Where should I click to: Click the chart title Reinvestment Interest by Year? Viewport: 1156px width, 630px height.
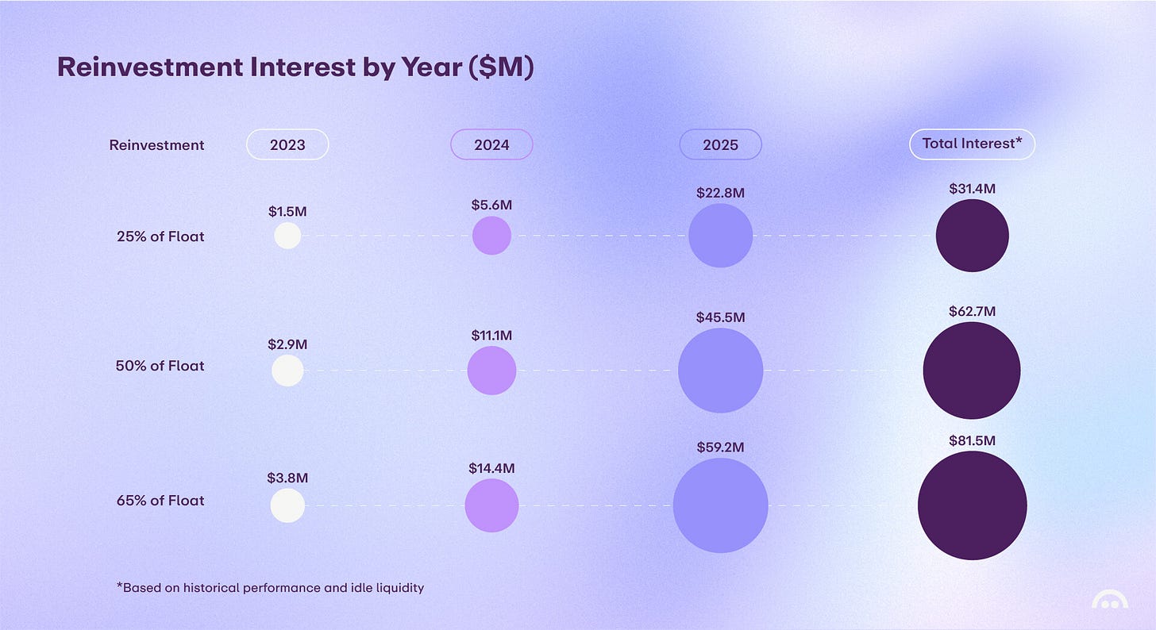[x=295, y=67]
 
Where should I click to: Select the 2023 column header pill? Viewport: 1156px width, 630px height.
[x=287, y=144]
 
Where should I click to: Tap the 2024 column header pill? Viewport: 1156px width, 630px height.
[x=491, y=144]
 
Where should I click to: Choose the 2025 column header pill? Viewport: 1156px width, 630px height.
[x=720, y=144]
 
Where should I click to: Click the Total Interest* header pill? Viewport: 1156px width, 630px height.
[x=972, y=144]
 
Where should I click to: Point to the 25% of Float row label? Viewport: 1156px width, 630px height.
[x=160, y=236]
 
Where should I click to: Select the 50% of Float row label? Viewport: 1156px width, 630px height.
[x=160, y=366]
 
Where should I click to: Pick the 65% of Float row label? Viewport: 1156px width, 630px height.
[x=160, y=501]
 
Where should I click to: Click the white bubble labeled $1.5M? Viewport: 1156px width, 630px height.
[x=287, y=236]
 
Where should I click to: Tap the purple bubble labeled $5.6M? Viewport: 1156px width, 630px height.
[x=491, y=236]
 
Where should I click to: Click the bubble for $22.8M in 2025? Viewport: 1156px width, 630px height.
[x=720, y=236]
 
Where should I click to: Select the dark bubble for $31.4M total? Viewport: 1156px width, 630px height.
[x=972, y=236]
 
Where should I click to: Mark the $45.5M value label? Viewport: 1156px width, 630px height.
[x=720, y=317]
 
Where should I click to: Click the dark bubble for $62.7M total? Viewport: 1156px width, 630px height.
[x=972, y=371]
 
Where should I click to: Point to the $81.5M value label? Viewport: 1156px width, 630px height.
[x=972, y=440]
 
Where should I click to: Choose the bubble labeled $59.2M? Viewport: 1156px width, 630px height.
[x=720, y=505]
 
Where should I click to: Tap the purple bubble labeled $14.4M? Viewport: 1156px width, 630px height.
[x=491, y=505]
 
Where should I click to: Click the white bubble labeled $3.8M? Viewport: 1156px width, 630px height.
[x=287, y=505]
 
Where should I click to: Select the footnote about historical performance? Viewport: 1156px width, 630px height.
[x=270, y=588]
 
